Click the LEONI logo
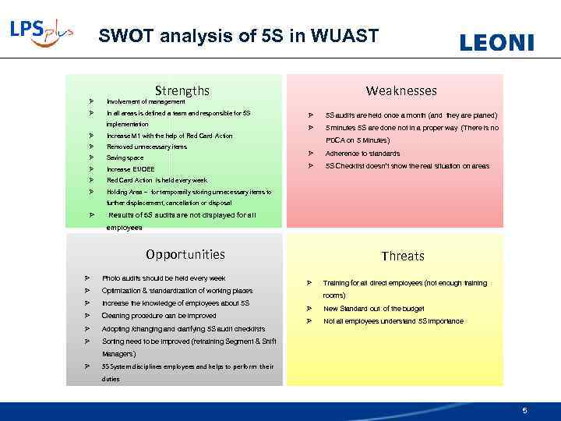tap(496, 43)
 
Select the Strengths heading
tap(182, 90)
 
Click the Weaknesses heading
tap(402, 90)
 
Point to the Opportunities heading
tap(185, 254)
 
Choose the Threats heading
tap(403, 256)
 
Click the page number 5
tap(525, 411)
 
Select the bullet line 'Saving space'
tap(125, 157)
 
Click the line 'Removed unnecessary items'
tap(146, 147)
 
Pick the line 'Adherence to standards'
tap(362, 154)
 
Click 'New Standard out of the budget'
tap(374, 309)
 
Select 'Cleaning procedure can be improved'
tap(159, 316)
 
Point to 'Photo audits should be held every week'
tap(164, 278)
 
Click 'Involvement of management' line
tap(146, 101)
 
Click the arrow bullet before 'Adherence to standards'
tap(309, 154)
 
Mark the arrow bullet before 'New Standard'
tap(309, 309)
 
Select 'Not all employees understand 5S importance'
tap(393, 321)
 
